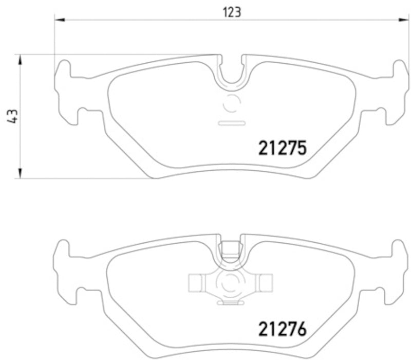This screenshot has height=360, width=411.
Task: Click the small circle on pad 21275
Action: point(232,104)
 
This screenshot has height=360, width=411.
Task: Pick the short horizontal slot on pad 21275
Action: point(231,123)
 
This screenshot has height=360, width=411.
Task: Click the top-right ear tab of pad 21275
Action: point(399,69)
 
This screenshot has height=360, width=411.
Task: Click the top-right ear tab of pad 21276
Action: point(399,249)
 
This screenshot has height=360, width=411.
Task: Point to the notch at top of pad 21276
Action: point(232,250)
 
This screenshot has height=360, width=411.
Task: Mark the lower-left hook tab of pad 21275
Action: point(72,115)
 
